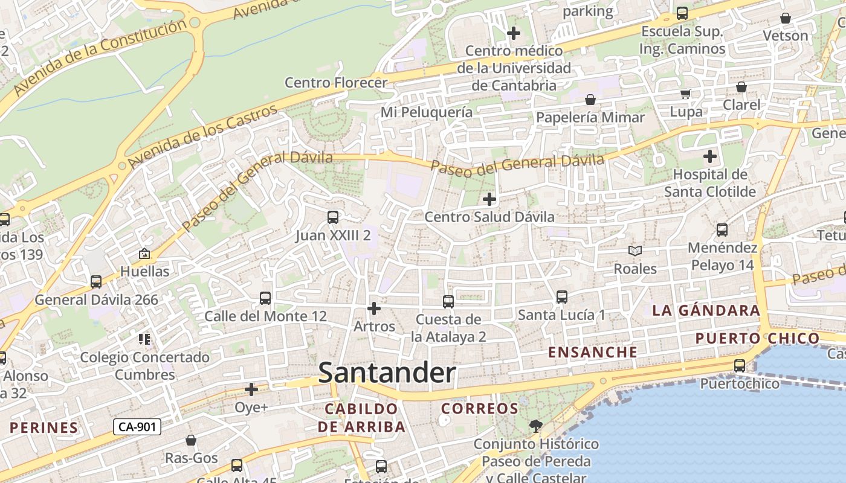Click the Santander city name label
click(387, 373)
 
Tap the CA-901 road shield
click(137, 427)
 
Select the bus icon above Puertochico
click(740, 366)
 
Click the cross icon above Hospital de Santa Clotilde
click(710, 157)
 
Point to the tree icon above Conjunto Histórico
click(535, 426)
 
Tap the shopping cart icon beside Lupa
click(686, 94)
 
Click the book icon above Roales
click(634, 251)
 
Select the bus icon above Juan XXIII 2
click(332, 217)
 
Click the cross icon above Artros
click(374, 309)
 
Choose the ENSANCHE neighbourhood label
click(592, 352)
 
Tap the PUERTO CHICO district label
click(757, 338)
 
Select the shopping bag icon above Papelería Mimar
click(590, 100)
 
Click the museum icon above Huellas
click(144, 254)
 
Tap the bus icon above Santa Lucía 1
click(561, 296)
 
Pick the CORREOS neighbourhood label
click(479, 409)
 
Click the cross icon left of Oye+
click(251, 389)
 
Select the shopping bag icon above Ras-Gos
click(191, 440)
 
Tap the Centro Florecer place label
click(335, 83)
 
